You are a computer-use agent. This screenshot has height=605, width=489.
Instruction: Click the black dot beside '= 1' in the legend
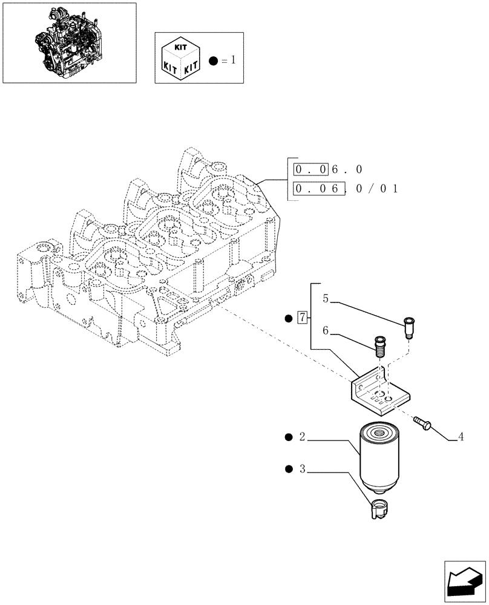[x=212, y=60]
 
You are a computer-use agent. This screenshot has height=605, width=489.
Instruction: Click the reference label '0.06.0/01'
[x=345, y=189]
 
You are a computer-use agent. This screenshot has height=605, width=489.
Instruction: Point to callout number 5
[x=326, y=298]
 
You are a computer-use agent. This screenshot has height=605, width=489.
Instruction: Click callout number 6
[x=326, y=331]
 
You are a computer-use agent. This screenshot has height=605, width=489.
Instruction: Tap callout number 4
[x=461, y=436]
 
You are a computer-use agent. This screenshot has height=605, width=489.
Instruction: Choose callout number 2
[x=301, y=437]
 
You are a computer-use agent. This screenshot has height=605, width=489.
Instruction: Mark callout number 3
[x=301, y=469]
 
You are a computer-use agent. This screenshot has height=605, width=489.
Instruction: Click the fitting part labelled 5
[x=410, y=327]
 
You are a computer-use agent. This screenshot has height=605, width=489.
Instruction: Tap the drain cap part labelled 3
[x=379, y=509]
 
